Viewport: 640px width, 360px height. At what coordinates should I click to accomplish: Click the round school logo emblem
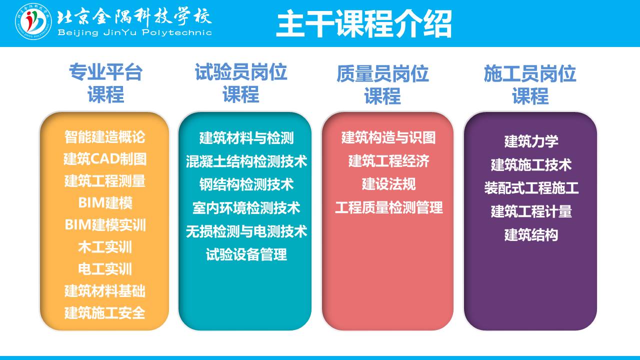(33, 21)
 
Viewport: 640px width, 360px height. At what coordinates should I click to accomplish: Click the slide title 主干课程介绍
(363, 23)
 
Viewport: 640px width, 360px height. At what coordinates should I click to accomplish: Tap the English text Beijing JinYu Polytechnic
(134, 32)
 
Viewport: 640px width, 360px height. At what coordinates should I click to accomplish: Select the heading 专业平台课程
(105, 83)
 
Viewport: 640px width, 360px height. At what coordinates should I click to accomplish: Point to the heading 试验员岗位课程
(241, 83)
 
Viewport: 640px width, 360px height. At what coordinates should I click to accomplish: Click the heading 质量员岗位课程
(382, 84)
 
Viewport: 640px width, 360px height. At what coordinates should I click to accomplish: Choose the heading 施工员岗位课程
(530, 84)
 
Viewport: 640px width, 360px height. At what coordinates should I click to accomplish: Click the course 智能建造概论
(105, 137)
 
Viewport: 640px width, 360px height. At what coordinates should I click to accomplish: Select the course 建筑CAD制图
(105, 159)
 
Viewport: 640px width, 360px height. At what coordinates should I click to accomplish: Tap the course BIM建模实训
(105, 225)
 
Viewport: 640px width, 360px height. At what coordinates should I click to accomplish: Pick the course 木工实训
(105, 247)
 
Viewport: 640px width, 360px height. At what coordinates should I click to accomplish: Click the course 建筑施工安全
(105, 313)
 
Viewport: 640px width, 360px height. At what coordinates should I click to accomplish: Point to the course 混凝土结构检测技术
(246, 161)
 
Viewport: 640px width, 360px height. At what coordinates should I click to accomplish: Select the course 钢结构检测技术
(246, 184)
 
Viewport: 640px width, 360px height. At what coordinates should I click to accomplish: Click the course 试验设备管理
(246, 254)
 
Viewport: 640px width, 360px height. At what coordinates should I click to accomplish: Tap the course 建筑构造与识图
(388, 137)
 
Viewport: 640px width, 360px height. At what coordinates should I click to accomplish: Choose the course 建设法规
(388, 184)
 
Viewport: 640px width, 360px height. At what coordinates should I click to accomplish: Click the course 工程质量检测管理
(389, 207)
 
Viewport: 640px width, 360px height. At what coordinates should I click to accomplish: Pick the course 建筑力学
(531, 141)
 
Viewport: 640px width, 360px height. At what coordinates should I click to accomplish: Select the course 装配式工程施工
(531, 188)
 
